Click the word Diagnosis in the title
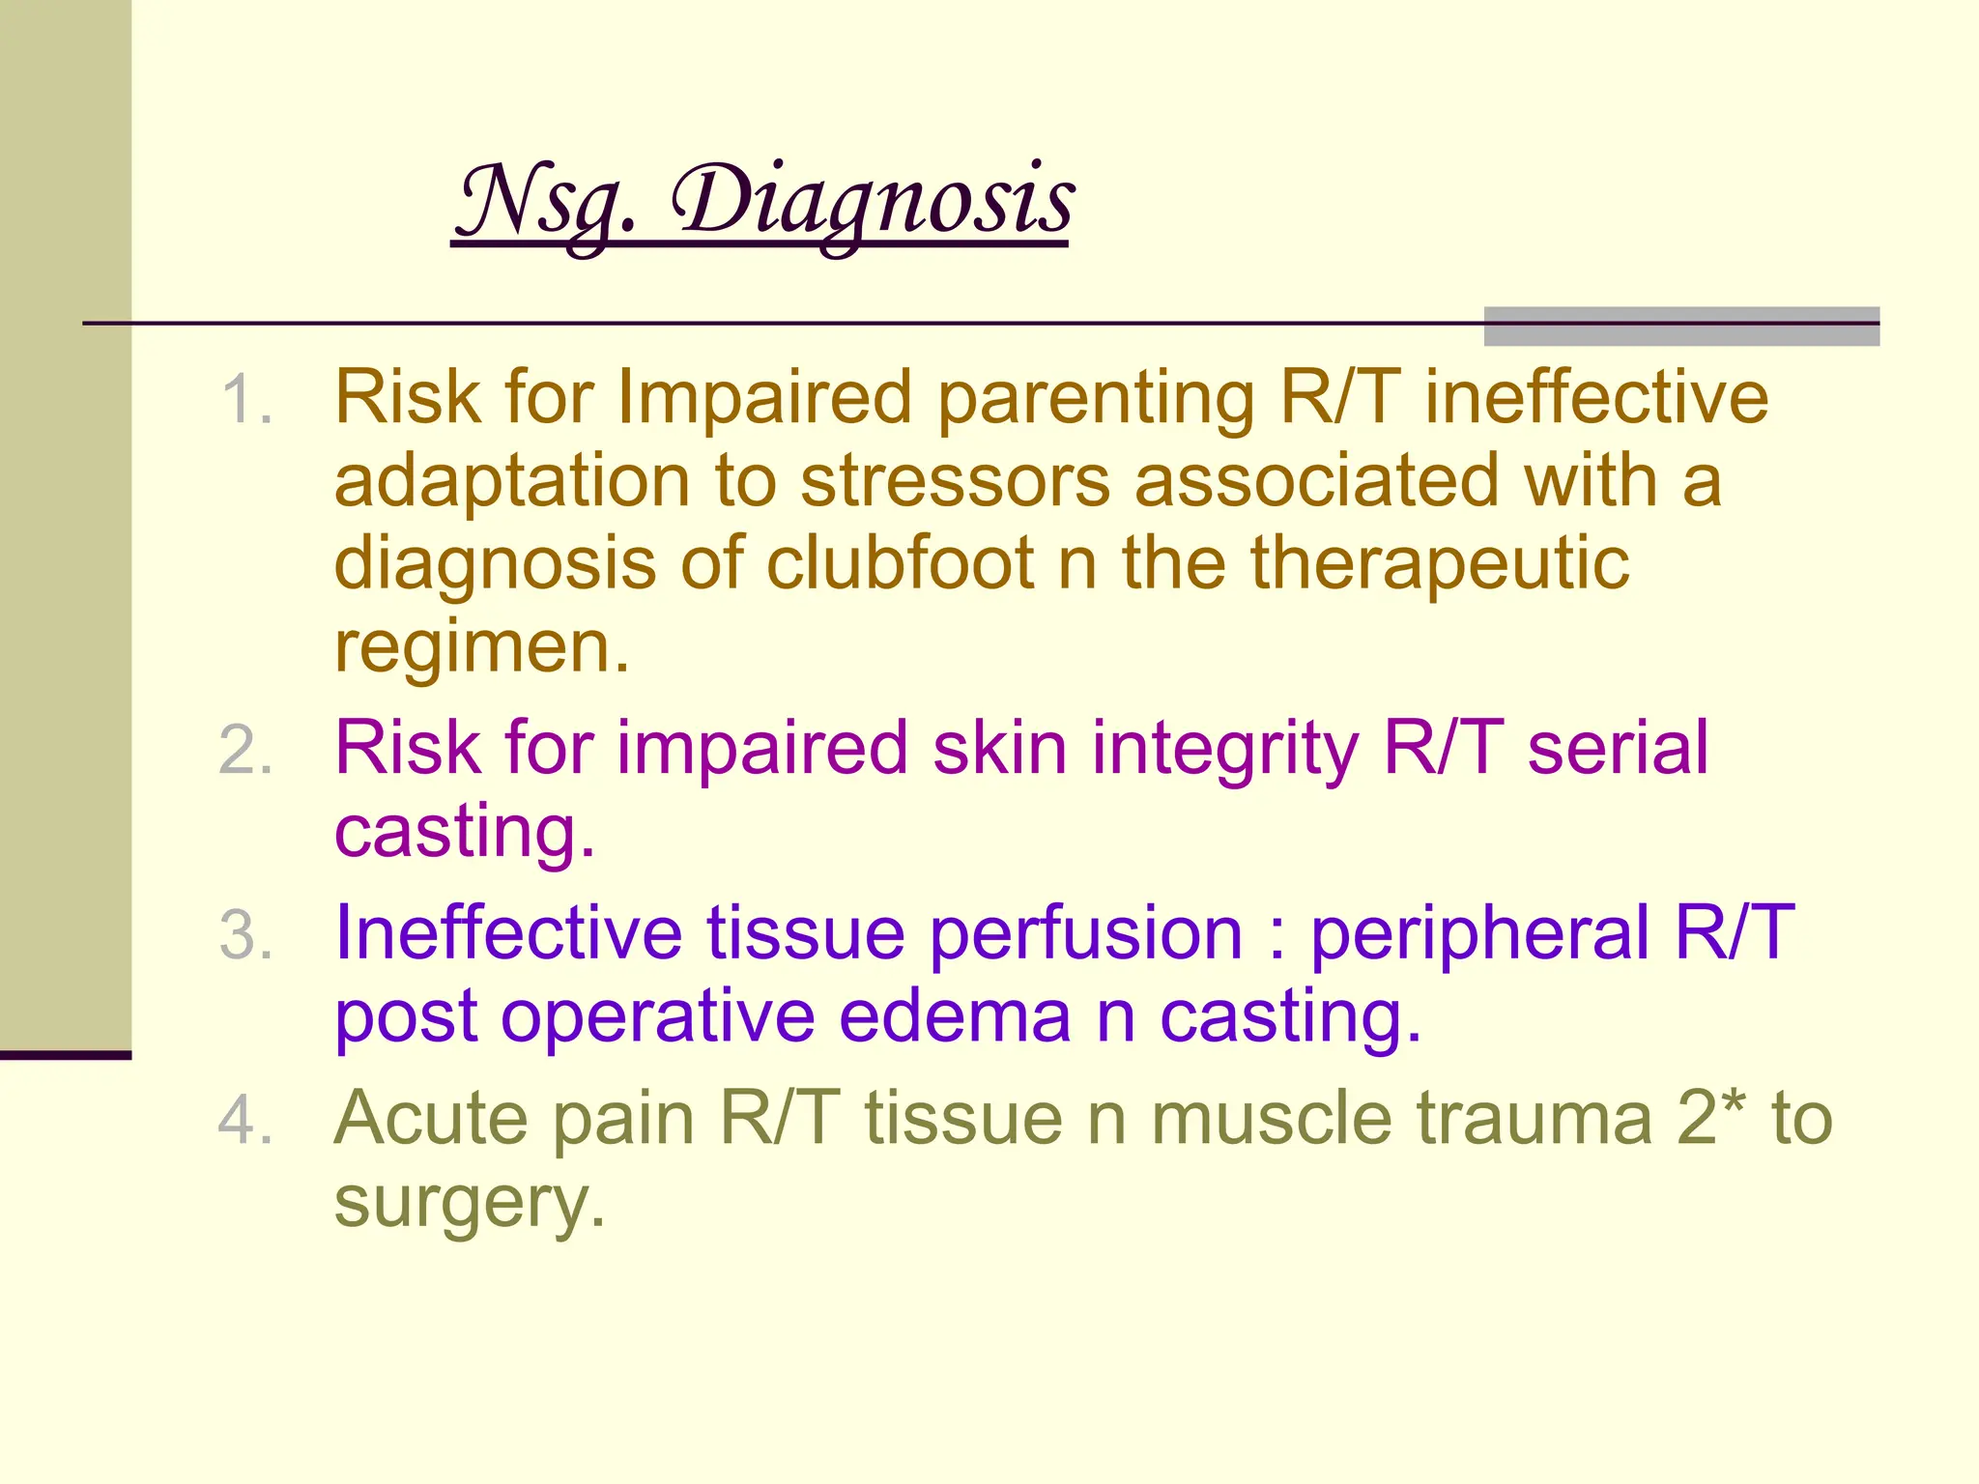click(x=872, y=201)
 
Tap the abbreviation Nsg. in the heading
click(x=547, y=201)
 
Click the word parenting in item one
click(x=1096, y=398)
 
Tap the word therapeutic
click(x=1440, y=564)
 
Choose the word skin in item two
click(x=1000, y=749)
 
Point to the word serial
click(x=1617, y=749)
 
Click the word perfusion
click(x=1085, y=934)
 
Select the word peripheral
click(x=1479, y=934)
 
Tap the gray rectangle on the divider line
click(x=1680, y=327)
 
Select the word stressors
click(x=955, y=481)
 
